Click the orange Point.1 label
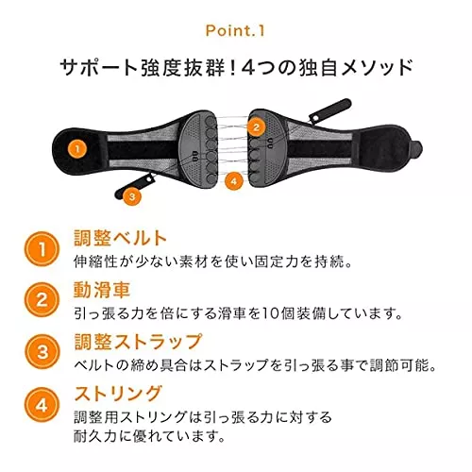click(235, 30)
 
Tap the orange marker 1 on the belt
click(77, 149)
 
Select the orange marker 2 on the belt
click(256, 127)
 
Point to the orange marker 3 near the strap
click(132, 196)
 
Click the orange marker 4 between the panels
click(233, 181)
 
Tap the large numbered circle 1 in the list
click(42, 249)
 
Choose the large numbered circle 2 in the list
click(42, 300)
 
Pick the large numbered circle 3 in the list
click(42, 351)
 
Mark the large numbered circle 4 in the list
click(42, 405)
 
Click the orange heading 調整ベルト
click(120, 238)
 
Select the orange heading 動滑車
click(102, 290)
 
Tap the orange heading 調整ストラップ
click(138, 342)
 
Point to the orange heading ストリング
click(118, 394)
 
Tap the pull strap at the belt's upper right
click(329, 111)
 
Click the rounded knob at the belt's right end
click(416, 148)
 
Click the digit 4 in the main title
click(249, 68)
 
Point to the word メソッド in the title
click(377, 68)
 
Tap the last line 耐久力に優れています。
click(149, 436)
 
